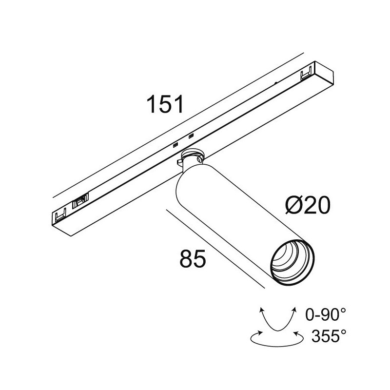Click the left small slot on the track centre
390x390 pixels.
[175, 144]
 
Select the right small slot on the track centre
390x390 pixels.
[191, 135]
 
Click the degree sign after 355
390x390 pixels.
[344, 331]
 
